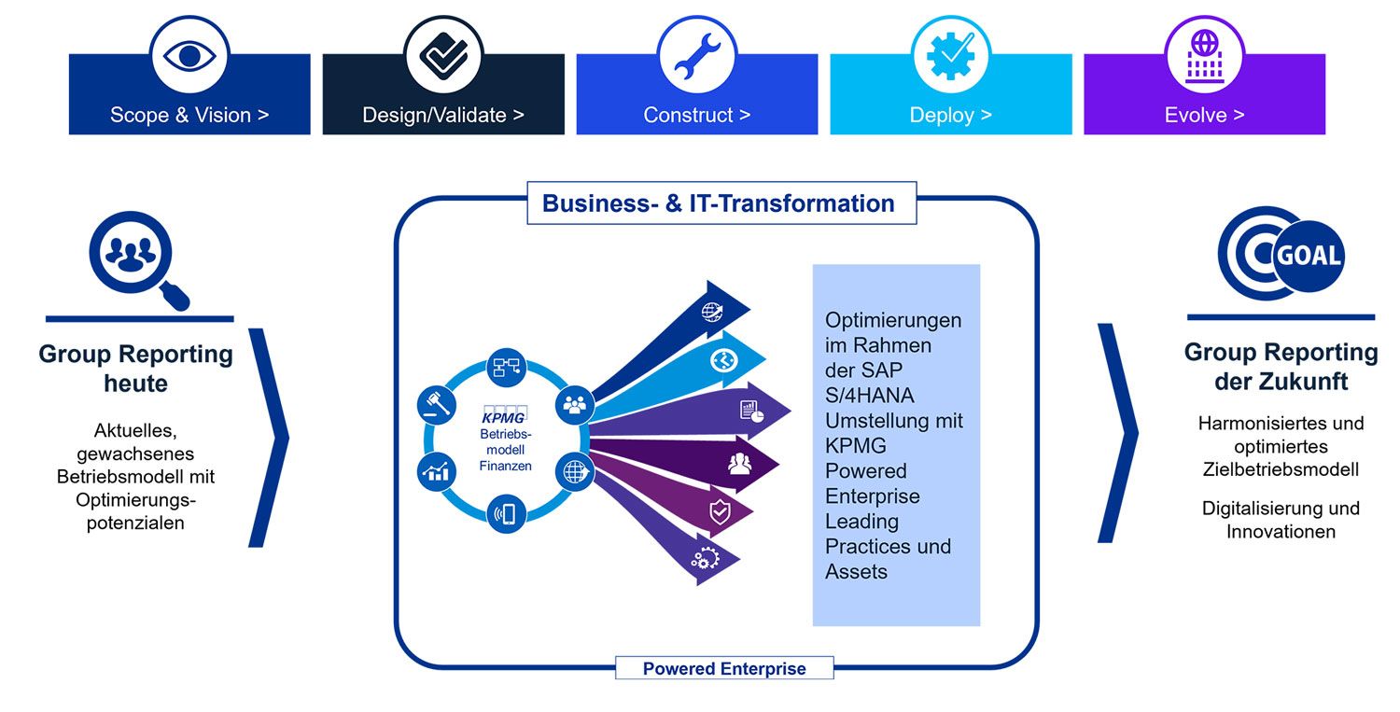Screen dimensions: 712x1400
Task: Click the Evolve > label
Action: click(1204, 116)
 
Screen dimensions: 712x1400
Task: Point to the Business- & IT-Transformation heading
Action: click(719, 203)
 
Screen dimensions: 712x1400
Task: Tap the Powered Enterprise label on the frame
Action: click(724, 668)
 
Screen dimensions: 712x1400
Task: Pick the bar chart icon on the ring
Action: click(436, 471)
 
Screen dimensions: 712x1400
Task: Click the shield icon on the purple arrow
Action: click(720, 510)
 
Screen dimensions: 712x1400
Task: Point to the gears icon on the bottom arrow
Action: click(705, 559)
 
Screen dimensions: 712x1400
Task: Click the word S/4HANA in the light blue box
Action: click(870, 395)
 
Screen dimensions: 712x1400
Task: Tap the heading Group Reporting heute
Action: click(136, 368)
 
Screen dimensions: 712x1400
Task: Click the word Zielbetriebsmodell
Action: click(1281, 469)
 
